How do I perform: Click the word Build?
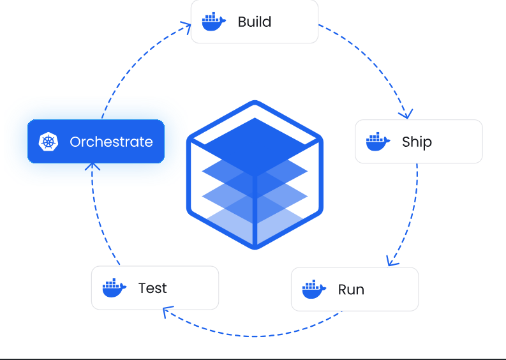255,22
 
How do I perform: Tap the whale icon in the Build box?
214,22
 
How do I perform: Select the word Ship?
417,142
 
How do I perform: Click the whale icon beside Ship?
378,142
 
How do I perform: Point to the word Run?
351,290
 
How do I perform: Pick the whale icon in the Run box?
314,289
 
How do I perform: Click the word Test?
153,288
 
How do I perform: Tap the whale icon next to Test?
114,288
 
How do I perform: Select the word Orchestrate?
111,142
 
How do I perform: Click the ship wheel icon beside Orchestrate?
48,142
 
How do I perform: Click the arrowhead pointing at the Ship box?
406,114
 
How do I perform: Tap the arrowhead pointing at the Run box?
391,262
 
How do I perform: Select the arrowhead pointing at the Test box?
167,311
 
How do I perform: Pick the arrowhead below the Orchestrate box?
93,166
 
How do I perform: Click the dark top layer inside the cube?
255,147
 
